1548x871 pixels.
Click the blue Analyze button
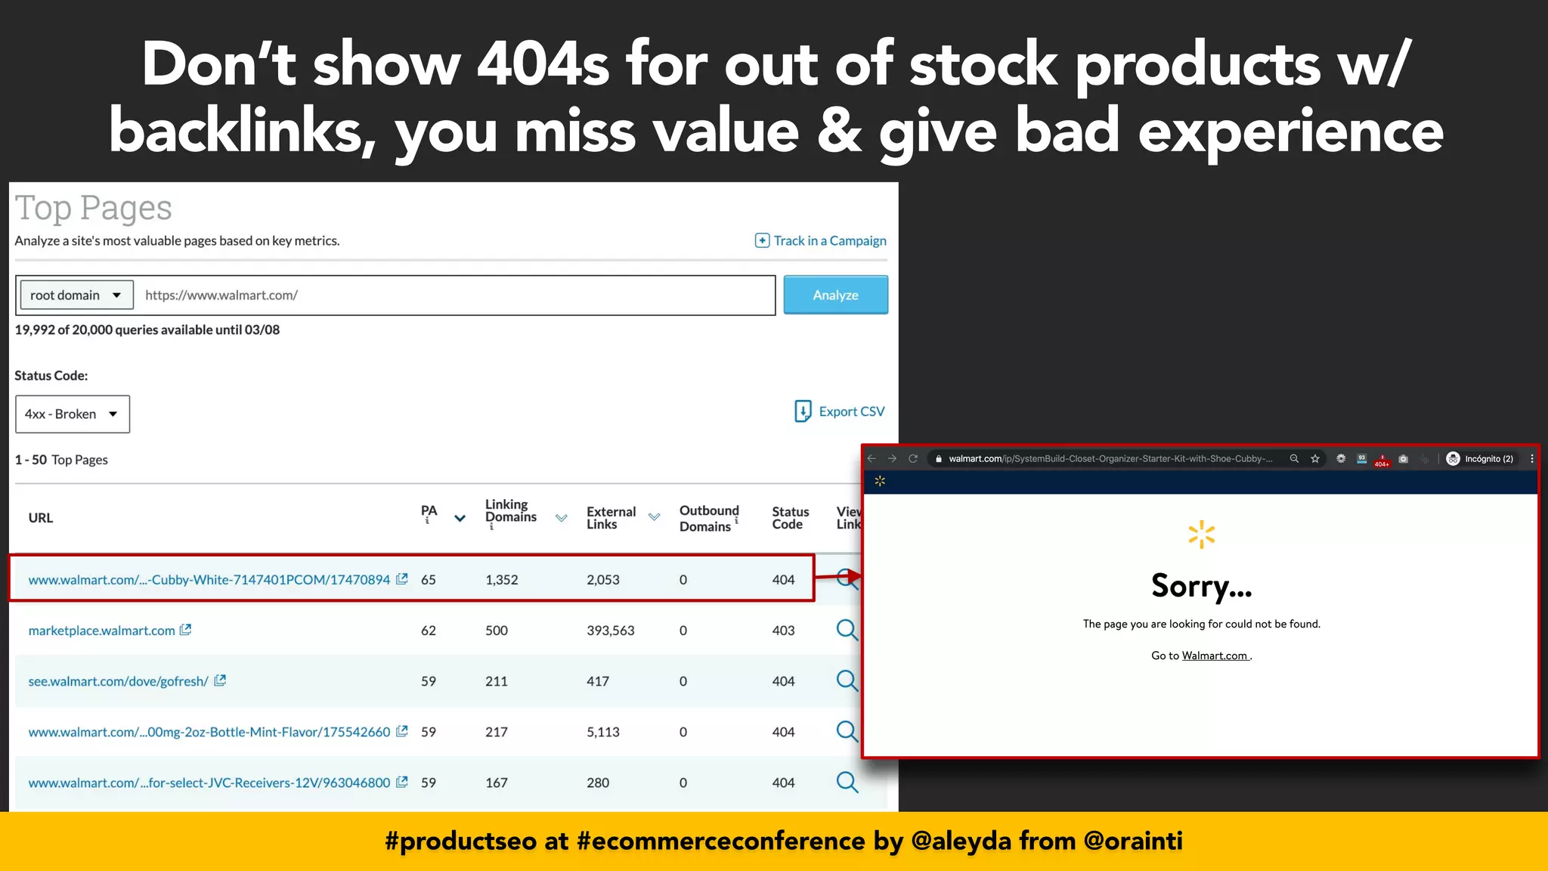pos(835,295)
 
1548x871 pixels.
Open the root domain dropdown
pos(75,295)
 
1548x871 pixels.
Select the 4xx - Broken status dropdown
pos(72,414)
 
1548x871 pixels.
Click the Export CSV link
pos(840,411)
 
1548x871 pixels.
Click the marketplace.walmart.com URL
pos(101,631)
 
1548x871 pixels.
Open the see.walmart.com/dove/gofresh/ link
pos(118,681)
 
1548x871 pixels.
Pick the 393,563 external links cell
pos(611,631)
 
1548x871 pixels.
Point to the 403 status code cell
pos(783,631)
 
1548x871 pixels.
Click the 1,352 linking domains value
pos(502,580)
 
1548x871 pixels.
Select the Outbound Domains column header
pos(708,519)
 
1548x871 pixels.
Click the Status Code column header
pos(790,519)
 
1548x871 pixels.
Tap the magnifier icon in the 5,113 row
pos(847,731)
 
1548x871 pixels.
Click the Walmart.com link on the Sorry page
pos(1214,656)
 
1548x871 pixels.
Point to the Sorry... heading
pos(1201,586)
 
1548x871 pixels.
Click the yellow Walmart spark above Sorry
pos(1201,535)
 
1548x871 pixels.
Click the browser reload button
pos(913,459)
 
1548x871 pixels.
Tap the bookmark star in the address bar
pos(1315,459)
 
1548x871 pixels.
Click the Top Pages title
pos(94,208)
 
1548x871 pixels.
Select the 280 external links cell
pos(598,783)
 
